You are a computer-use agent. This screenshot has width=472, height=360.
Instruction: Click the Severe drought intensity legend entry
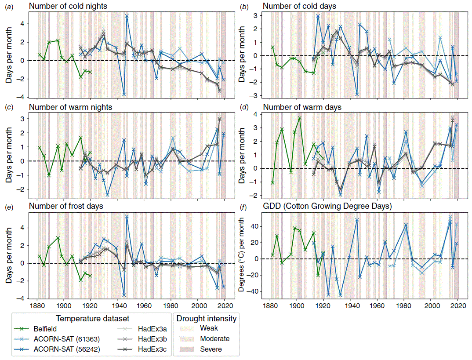pyautogui.click(x=211, y=349)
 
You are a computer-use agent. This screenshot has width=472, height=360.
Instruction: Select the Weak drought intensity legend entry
pyautogui.click(x=209, y=328)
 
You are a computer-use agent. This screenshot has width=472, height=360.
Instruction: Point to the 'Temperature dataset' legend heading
pyautogui.click(x=91, y=318)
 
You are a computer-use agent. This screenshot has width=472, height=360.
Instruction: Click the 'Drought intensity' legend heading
pyautogui.click(x=206, y=318)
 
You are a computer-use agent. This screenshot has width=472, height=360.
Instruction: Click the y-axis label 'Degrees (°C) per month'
pyautogui.click(x=241, y=256)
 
